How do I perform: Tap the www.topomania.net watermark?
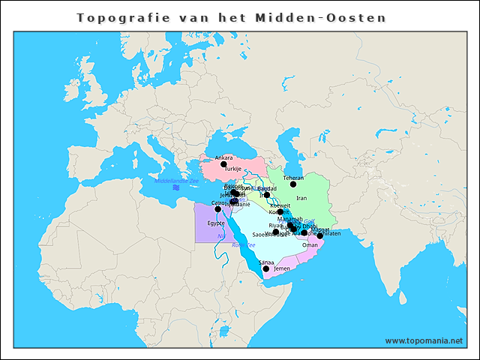[424, 340]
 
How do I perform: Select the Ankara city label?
[223, 157]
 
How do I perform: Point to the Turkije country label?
[223, 169]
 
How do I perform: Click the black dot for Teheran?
[293, 184]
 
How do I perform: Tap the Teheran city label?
[293, 178]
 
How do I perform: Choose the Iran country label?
[301, 198]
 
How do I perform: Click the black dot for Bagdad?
[267, 194]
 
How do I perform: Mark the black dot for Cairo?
[218, 209]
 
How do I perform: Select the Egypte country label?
[216, 223]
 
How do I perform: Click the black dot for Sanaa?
[266, 268]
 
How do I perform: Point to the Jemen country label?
[282, 268]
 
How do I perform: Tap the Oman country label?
[309, 244]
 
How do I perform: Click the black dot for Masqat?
[319, 235]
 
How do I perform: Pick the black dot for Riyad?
[276, 232]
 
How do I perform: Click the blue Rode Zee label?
[244, 244]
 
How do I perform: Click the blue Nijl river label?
[221, 237]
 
